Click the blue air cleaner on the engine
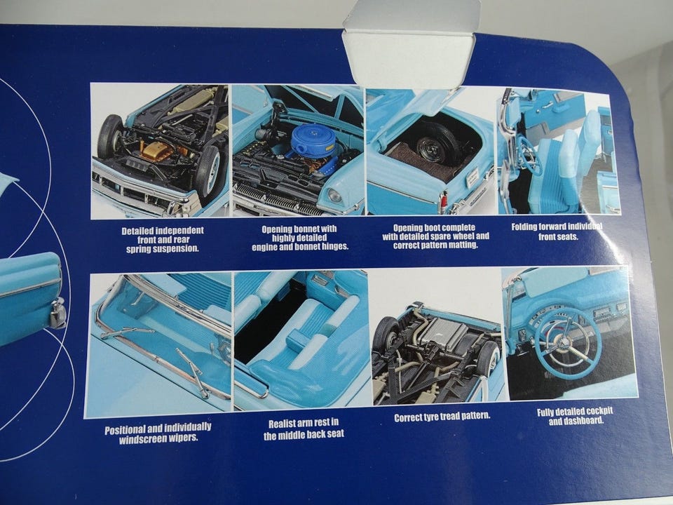(x=315, y=142)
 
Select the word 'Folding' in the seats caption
(x=525, y=227)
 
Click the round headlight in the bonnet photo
(x=334, y=196)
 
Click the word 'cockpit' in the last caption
(x=597, y=412)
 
